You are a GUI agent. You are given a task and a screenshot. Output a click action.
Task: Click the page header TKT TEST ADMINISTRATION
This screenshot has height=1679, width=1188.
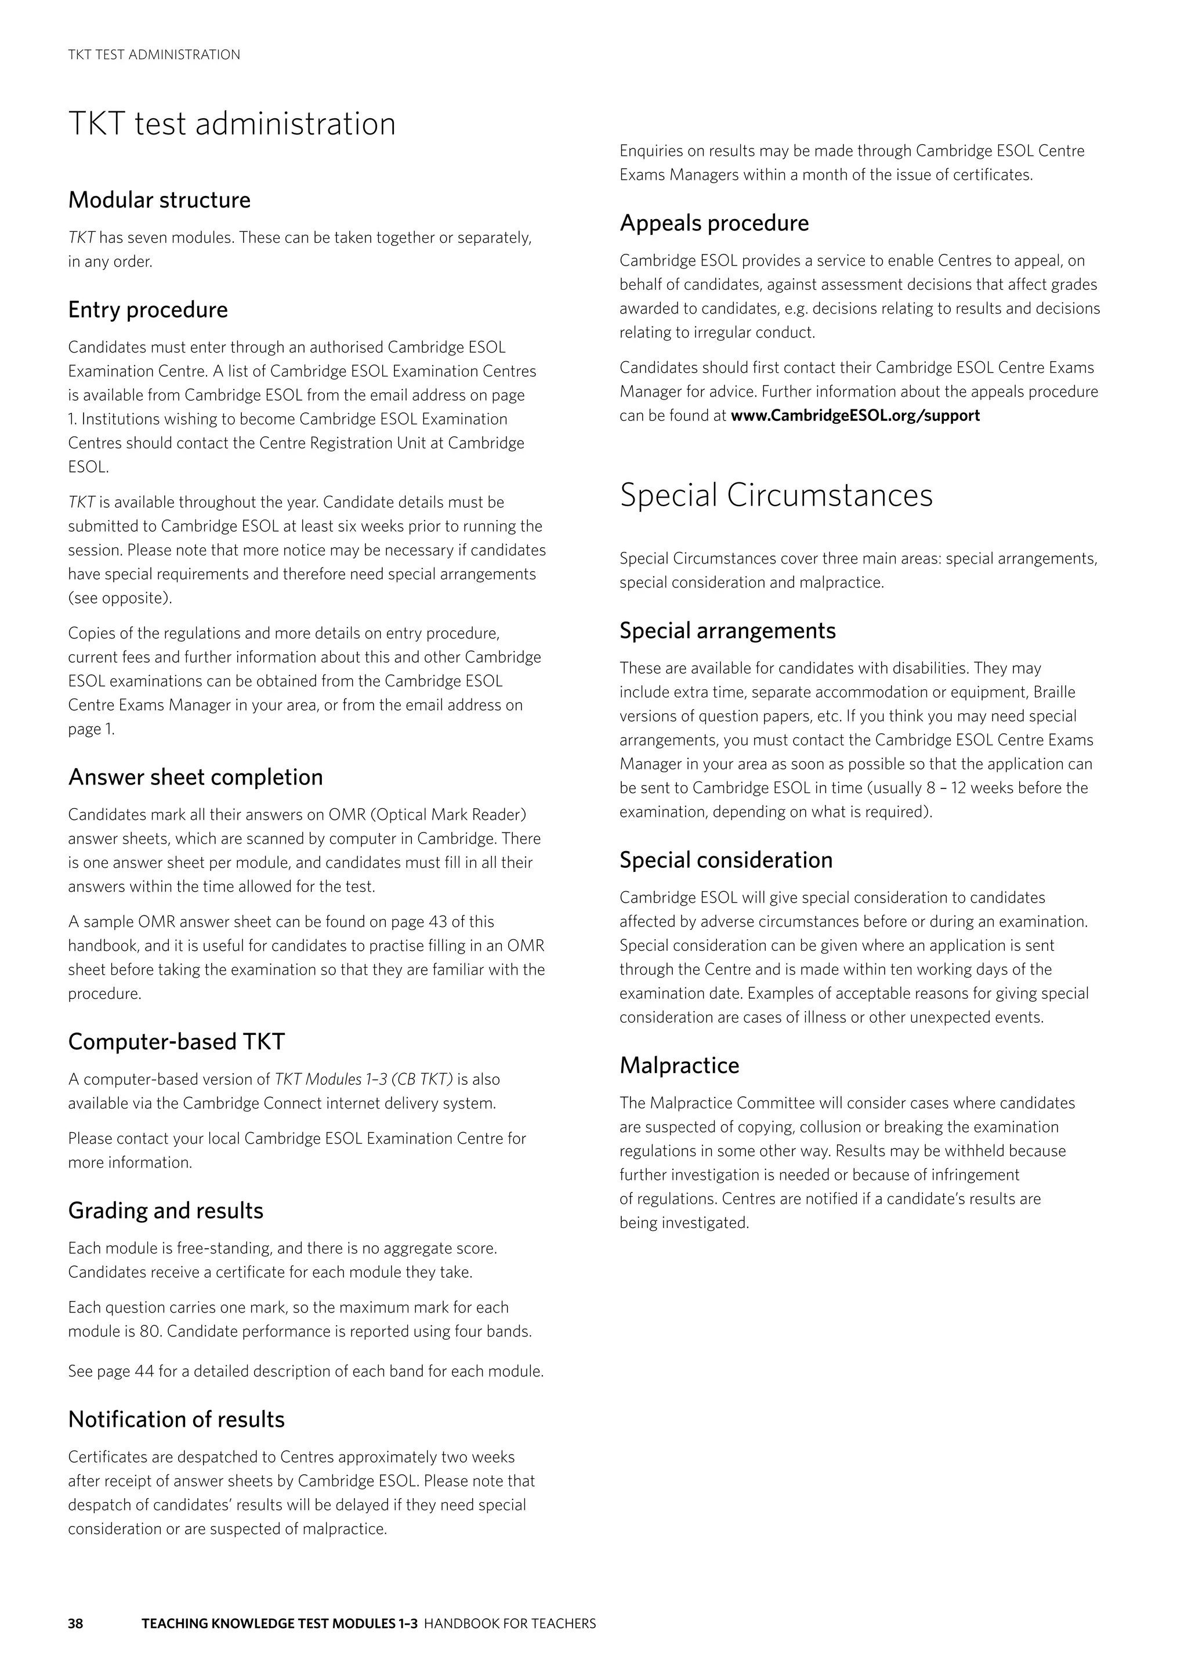click(154, 55)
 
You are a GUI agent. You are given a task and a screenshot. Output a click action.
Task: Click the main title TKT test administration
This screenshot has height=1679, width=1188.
click(232, 123)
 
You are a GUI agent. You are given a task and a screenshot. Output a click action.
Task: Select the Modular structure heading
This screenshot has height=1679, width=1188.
click(160, 201)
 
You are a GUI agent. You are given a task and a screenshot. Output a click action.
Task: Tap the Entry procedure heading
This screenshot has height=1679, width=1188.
click(148, 310)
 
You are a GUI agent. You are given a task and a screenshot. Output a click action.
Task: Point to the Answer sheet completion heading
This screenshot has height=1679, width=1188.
click(195, 777)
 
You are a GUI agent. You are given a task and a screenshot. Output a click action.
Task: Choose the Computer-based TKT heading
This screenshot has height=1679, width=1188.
click(176, 1042)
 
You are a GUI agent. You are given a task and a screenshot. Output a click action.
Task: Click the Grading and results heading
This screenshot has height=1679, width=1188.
click(165, 1211)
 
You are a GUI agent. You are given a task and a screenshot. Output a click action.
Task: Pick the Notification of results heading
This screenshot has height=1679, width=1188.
click(176, 1419)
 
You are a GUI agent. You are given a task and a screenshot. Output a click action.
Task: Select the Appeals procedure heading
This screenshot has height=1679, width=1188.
click(714, 223)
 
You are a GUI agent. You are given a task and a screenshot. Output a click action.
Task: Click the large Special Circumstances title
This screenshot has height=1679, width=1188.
click(776, 495)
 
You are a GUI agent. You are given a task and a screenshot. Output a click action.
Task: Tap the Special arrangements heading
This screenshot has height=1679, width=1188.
click(727, 631)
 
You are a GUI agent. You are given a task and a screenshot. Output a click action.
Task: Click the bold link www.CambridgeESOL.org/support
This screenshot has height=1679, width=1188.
click(855, 416)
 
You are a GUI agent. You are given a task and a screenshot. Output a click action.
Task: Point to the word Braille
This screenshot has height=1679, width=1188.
click(1054, 692)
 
